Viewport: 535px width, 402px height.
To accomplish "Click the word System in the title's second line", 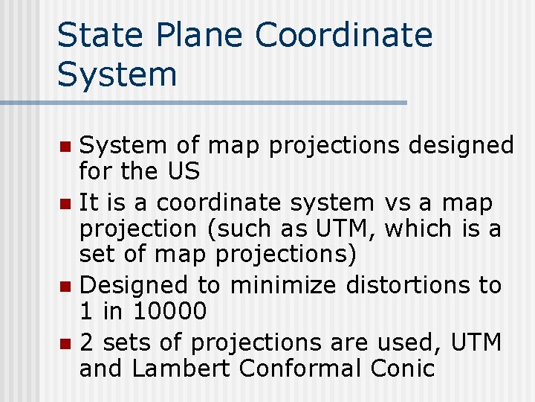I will pos(117,74).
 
